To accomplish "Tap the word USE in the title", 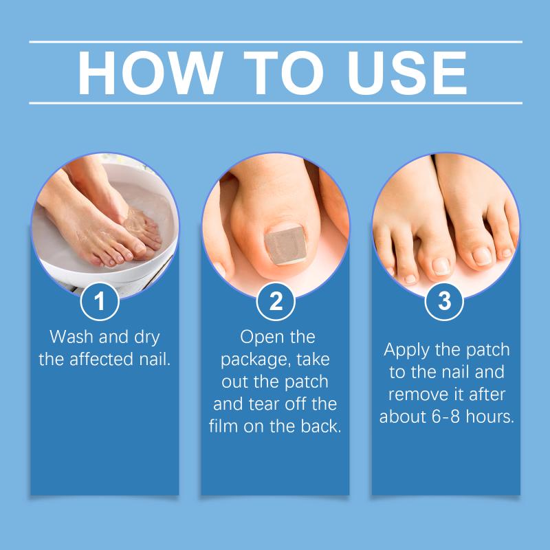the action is (x=407, y=73).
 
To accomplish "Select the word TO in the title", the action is (x=283, y=73).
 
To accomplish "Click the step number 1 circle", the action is (x=100, y=301).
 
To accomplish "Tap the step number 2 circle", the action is (x=276, y=301).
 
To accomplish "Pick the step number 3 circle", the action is (x=444, y=301).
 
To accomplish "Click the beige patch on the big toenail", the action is (x=285, y=245).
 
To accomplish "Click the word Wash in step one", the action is (x=71, y=337).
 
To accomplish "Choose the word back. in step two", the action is (x=321, y=426).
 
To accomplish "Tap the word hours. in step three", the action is (x=490, y=417).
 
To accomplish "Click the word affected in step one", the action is (x=101, y=359).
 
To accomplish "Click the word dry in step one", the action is (x=147, y=338).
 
